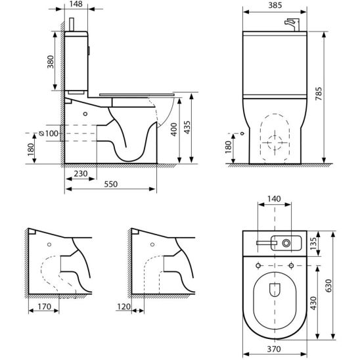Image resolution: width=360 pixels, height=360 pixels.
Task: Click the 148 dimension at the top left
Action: point(76,4)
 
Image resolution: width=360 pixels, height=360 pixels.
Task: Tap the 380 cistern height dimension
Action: point(51,62)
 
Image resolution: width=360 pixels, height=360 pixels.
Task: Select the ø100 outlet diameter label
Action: point(49,133)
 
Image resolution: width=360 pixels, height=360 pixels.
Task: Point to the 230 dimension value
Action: point(81,173)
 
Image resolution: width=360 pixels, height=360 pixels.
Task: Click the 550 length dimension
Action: point(110,184)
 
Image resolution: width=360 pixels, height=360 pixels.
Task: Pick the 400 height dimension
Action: point(174,129)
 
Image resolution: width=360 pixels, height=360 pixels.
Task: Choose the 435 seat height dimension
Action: point(187,127)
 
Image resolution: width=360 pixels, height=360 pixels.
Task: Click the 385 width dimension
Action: point(275,5)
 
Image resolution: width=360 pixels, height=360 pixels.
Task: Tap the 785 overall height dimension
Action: point(319,93)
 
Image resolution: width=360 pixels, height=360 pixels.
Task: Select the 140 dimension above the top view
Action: point(274,199)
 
